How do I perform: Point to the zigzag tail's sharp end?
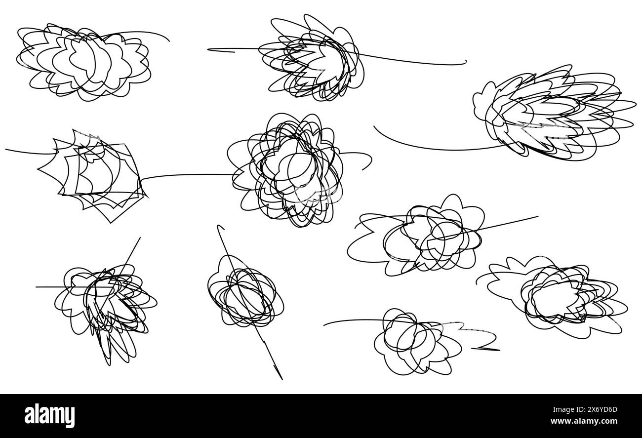pyautogui.click(x=472, y=349)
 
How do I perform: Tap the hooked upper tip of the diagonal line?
pyautogui.click(x=218, y=227)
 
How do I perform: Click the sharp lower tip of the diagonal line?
pyautogui.click(x=281, y=379)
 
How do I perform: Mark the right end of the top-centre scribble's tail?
pyautogui.click(x=466, y=61)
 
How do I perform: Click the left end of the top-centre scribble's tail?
pyautogui.click(x=208, y=49)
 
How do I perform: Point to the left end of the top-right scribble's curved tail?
pyautogui.click(x=374, y=126)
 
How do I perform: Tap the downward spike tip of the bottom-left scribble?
pyautogui.click(x=110, y=365)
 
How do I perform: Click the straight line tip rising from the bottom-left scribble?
pyautogui.click(x=140, y=238)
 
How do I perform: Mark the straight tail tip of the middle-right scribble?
pyautogui.click(x=538, y=216)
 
